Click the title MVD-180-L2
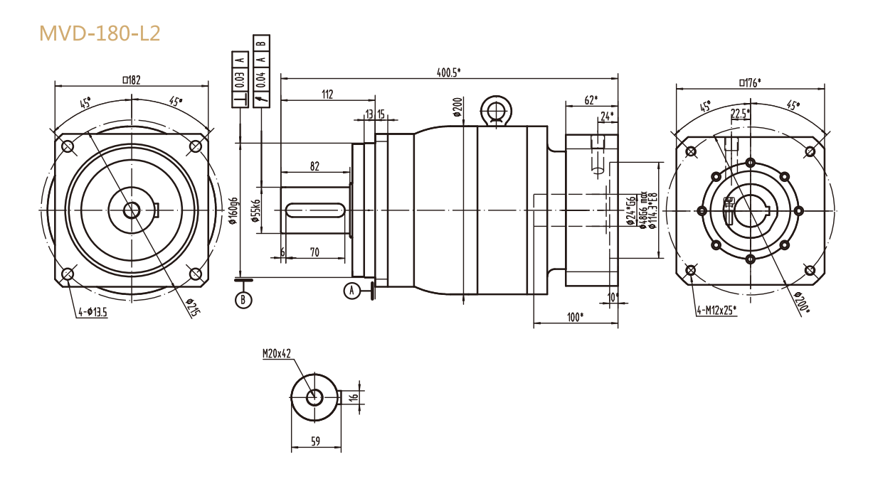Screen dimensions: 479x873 click(100, 33)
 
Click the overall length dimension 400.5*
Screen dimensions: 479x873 click(449, 71)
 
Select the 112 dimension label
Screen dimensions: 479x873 click(327, 94)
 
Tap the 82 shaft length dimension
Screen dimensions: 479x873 click(314, 166)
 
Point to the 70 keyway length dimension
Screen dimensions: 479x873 click(314, 252)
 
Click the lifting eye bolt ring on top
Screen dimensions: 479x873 click(495, 110)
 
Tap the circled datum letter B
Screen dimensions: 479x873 click(243, 300)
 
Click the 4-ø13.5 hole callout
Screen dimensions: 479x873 click(92, 311)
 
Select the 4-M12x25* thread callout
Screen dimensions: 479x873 click(716, 309)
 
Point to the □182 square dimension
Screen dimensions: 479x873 click(131, 80)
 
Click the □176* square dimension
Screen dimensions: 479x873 click(750, 82)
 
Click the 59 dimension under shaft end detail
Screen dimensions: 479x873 click(316, 442)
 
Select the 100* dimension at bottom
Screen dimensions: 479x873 click(576, 316)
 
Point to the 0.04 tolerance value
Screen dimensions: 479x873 click(261, 79)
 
